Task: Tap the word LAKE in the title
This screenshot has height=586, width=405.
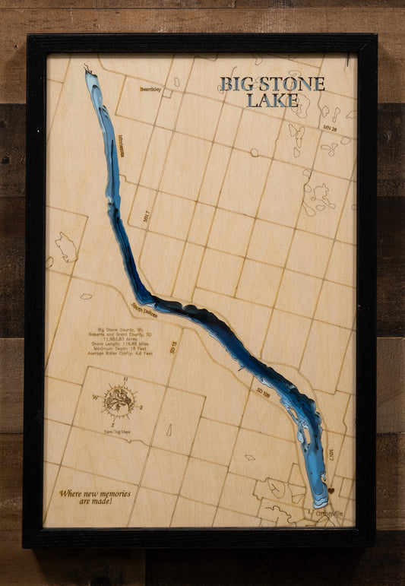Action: click(x=273, y=100)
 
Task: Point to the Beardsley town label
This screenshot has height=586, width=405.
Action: click(x=150, y=89)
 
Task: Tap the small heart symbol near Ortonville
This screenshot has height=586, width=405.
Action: click(x=331, y=490)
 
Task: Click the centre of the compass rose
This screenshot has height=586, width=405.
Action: click(x=119, y=400)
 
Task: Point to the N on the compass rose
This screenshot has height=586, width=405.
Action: click(x=125, y=379)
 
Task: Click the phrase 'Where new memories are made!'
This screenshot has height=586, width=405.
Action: click(x=95, y=497)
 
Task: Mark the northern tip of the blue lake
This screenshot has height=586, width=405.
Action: click(x=88, y=71)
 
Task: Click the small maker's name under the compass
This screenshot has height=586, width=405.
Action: click(x=115, y=431)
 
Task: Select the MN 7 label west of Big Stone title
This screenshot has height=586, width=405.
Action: click(x=147, y=216)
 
